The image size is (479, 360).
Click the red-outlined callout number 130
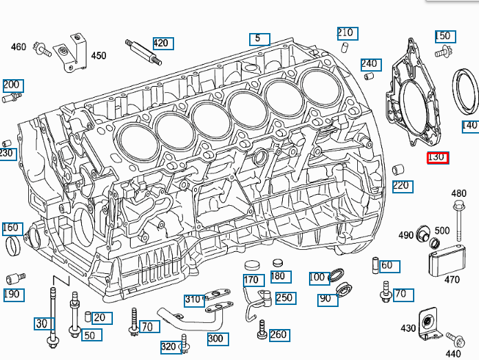click(x=438, y=157)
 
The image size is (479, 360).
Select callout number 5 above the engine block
click(x=259, y=39)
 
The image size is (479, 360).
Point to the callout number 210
click(x=345, y=32)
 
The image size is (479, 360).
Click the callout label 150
click(x=444, y=36)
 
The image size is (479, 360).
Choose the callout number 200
click(x=12, y=85)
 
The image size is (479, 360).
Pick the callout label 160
click(x=12, y=228)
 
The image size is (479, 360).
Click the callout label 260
click(x=279, y=335)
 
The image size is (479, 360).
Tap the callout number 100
click(x=317, y=277)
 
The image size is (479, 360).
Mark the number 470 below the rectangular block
click(x=451, y=280)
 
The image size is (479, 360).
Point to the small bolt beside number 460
click(x=44, y=49)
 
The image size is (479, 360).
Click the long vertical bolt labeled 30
click(x=52, y=313)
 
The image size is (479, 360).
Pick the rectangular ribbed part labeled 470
click(x=443, y=261)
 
